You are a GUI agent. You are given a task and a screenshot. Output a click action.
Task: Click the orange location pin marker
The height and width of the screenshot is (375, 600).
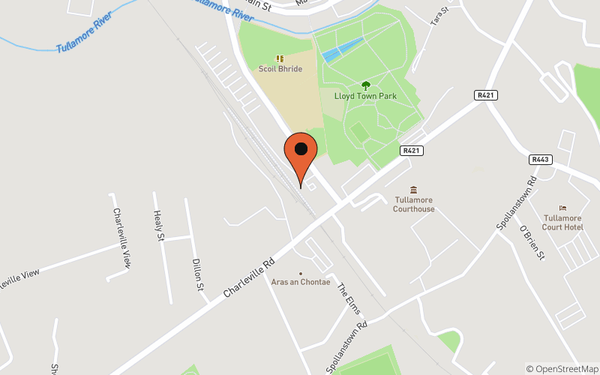point(301,153)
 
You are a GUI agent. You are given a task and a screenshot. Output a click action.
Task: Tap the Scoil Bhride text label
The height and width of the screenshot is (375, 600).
point(280,69)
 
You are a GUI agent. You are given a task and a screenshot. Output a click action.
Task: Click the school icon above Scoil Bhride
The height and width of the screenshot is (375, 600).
point(280,58)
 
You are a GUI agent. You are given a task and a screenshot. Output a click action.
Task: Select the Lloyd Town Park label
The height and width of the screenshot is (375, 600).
point(366,97)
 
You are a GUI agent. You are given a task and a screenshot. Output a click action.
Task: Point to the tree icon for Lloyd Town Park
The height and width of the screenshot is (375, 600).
point(366,85)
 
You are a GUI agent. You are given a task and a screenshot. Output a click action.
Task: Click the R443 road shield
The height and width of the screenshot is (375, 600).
point(540,159)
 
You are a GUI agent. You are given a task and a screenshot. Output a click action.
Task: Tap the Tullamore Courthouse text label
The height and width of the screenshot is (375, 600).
point(414,204)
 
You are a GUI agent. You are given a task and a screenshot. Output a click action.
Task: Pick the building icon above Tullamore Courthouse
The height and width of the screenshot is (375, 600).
point(413,189)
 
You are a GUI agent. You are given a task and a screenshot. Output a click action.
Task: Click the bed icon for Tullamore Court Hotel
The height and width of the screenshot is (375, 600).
point(563,208)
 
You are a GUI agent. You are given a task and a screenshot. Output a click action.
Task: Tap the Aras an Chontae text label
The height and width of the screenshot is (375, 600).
point(301,282)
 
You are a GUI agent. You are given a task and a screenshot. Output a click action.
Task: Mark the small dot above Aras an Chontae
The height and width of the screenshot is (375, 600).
point(301,273)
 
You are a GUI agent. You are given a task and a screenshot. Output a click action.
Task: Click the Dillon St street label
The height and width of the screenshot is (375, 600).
point(197,274)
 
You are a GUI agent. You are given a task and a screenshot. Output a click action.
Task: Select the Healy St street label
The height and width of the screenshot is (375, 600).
point(159,226)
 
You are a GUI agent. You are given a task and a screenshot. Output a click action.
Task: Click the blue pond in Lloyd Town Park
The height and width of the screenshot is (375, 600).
point(343,49)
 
